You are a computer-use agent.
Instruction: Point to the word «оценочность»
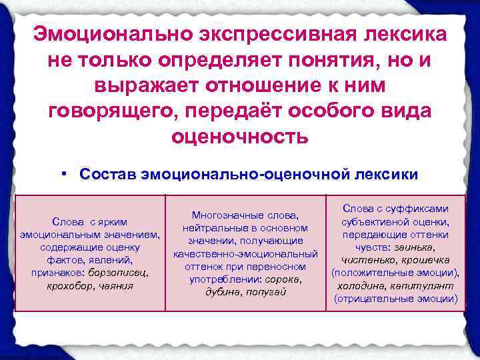pos(240,137)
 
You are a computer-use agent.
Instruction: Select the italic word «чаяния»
pos(117,285)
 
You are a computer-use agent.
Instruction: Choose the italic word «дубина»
pos(223,291)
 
